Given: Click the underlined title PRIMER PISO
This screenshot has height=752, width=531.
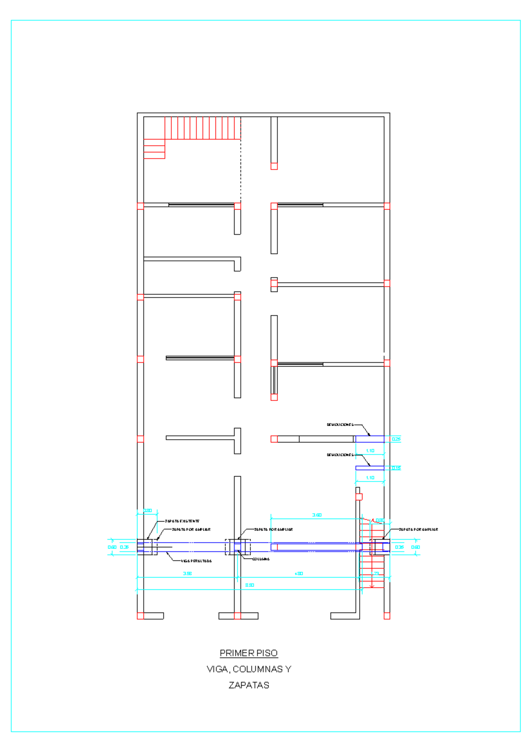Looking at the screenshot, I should pyautogui.click(x=249, y=653).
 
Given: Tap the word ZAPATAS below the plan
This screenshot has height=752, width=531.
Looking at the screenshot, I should pyautogui.click(x=249, y=685).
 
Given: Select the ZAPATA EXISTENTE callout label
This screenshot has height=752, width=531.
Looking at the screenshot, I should pyautogui.click(x=182, y=521).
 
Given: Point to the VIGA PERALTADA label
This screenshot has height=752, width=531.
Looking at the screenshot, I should pyautogui.click(x=196, y=561).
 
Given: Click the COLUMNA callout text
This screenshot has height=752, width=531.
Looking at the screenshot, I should pyautogui.click(x=261, y=559).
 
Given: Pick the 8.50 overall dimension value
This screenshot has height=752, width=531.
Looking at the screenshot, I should pyautogui.click(x=250, y=585).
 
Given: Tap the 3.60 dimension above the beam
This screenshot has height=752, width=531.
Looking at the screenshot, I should pyautogui.click(x=317, y=515).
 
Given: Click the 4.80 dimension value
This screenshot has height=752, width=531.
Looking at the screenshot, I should pyautogui.click(x=299, y=574).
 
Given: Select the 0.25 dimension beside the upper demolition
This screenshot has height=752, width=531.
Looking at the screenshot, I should pyautogui.click(x=396, y=439).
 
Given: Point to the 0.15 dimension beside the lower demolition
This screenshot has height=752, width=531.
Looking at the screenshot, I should pyautogui.click(x=396, y=468).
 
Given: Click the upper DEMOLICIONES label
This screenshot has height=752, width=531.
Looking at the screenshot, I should pyautogui.click(x=340, y=425).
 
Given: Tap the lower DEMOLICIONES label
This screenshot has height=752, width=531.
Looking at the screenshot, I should pyautogui.click(x=340, y=455).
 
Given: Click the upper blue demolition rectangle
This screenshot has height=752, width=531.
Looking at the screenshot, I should pyautogui.click(x=370, y=439).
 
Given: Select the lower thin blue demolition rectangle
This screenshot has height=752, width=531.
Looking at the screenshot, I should pyautogui.click(x=370, y=468).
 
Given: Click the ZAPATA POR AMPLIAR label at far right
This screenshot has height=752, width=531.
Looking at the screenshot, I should pyautogui.click(x=418, y=529).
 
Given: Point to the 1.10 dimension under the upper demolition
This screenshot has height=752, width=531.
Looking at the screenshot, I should pyautogui.click(x=370, y=451).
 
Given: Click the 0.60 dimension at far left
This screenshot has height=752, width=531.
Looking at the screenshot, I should pyautogui.click(x=112, y=547).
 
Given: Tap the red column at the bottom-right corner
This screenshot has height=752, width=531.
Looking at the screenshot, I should pyautogui.click(x=387, y=616).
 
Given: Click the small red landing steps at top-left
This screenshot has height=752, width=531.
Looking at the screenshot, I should pyautogui.click(x=154, y=149).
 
